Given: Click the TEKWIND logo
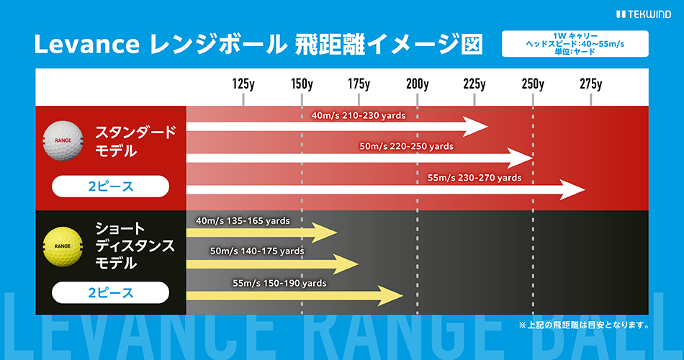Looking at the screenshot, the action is pyautogui.click(x=644, y=14).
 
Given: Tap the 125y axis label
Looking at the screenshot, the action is pyautogui.click(x=243, y=84).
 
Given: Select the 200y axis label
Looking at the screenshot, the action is pyautogui.click(x=418, y=84).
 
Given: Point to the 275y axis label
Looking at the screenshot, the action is pyautogui.click(x=590, y=84).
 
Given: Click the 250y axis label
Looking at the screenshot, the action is pyautogui.click(x=533, y=84).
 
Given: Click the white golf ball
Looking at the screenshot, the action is pyautogui.click(x=63, y=140).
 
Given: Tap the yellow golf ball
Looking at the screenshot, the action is pyautogui.click(x=63, y=246).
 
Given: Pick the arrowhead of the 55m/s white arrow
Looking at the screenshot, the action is pyautogui.click(x=572, y=190).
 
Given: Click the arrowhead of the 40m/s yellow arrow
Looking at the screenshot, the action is pyautogui.click(x=324, y=232).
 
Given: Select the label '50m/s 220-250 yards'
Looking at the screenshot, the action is pyautogui.click(x=407, y=147).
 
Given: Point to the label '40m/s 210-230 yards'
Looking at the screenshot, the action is pyautogui.click(x=359, y=116).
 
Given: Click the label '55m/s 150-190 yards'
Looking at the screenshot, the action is pyautogui.click(x=279, y=283).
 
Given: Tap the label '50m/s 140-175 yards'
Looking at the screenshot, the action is pyautogui.click(x=257, y=251).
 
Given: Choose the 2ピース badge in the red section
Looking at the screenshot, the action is pyautogui.click(x=110, y=186).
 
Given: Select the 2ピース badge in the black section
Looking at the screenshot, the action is pyautogui.click(x=110, y=292).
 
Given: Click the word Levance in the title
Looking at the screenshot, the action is pyautogui.click(x=87, y=45).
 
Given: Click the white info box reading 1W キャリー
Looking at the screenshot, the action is pyautogui.click(x=575, y=44).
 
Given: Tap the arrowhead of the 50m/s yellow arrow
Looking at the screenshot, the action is pyautogui.click(x=346, y=264).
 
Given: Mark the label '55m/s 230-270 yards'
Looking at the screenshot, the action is pyautogui.click(x=474, y=178).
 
